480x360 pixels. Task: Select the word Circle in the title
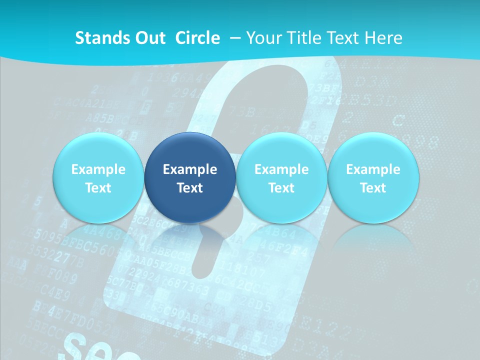click(197, 38)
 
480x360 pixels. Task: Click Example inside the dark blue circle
click(190, 169)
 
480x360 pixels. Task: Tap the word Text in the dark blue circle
click(190, 188)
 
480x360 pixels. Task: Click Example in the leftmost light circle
click(98, 169)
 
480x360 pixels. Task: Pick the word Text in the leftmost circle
click(98, 188)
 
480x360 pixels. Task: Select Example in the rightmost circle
click(373, 169)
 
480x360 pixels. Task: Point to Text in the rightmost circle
click(373, 188)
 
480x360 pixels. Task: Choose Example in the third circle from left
click(281, 169)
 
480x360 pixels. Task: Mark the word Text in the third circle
click(281, 188)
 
